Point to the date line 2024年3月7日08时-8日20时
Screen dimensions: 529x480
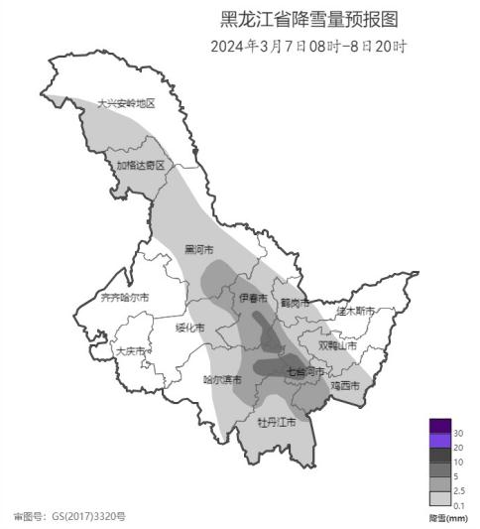(309, 46)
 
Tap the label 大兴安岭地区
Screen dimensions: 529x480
(126, 103)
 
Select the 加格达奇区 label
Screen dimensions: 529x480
(140, 166)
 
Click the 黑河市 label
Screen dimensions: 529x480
(198, 249)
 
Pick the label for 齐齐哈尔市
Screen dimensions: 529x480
(126, 297)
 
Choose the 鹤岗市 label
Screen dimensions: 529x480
(294, 302)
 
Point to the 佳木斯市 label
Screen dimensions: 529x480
(354, 311)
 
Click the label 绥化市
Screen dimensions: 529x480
(189, 328)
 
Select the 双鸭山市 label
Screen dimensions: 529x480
(337, 346)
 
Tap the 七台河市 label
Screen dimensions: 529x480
(304, 372)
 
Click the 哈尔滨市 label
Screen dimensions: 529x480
(222, 379)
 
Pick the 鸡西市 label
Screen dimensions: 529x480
(344, 385)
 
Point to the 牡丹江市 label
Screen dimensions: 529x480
(277, 422)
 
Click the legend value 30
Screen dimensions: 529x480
(458, 434)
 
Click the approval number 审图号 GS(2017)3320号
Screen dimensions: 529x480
(69, 516)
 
